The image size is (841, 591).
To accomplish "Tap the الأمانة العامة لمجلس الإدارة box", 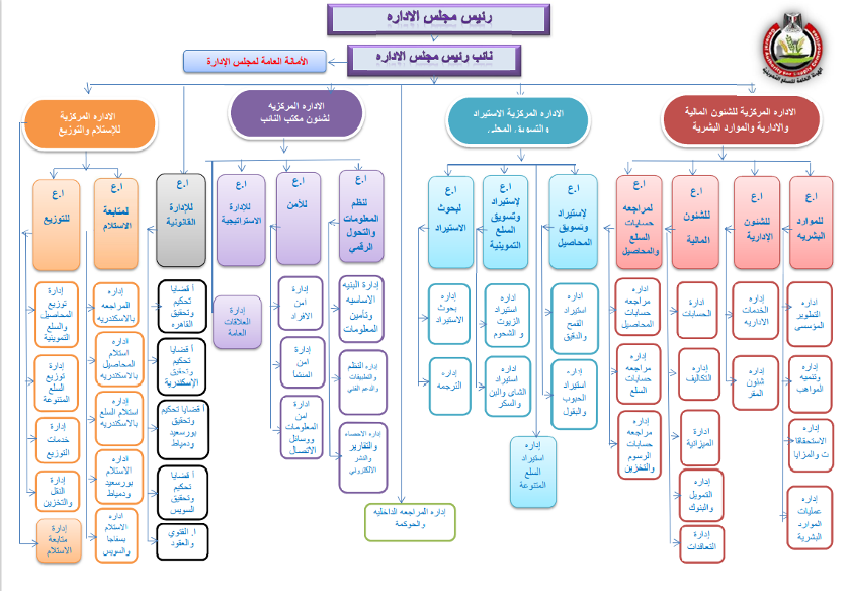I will coord(254,62).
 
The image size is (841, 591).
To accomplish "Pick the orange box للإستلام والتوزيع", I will coord(89,124).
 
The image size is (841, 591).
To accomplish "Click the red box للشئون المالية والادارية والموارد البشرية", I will coord(742,120).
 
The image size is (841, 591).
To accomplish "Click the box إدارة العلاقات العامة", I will coord(237,321).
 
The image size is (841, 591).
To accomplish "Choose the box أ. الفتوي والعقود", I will coord(182,542).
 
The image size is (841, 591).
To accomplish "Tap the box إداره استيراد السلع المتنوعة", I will coord(532,471).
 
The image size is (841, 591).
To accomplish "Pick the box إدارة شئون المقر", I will coord(755,380).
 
